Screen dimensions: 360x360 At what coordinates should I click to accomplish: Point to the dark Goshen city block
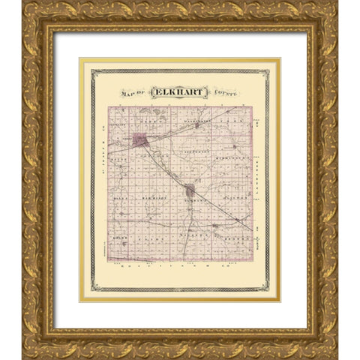190,190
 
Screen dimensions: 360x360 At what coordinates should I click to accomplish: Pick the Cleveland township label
118,124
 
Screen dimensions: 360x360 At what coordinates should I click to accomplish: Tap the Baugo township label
117,160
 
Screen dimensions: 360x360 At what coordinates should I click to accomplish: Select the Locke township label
118,236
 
